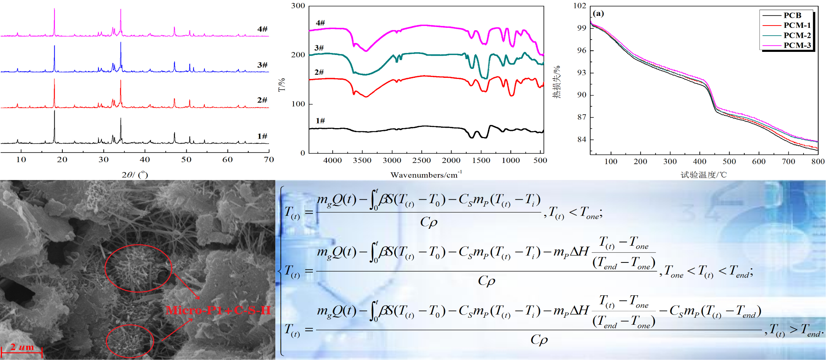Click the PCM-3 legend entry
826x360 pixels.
797,45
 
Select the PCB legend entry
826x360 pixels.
792,15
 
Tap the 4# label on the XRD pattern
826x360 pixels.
262,29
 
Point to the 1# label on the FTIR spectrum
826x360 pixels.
320,121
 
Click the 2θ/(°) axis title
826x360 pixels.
135,175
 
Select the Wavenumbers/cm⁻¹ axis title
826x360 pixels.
426,175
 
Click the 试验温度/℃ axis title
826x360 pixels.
704,175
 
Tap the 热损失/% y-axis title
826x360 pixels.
556,82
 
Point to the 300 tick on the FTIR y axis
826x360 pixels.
298,6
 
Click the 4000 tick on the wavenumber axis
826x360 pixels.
333,160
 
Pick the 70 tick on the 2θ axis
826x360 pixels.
269,159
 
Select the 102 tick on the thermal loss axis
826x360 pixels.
580,6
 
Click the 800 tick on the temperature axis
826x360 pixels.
818,161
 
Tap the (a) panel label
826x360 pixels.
598,14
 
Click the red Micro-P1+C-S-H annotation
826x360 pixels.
218,310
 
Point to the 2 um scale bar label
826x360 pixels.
22,347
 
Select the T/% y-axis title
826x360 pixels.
282,84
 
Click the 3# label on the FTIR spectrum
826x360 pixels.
319,48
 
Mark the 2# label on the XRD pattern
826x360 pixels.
262,100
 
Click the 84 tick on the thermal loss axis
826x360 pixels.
582,139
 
